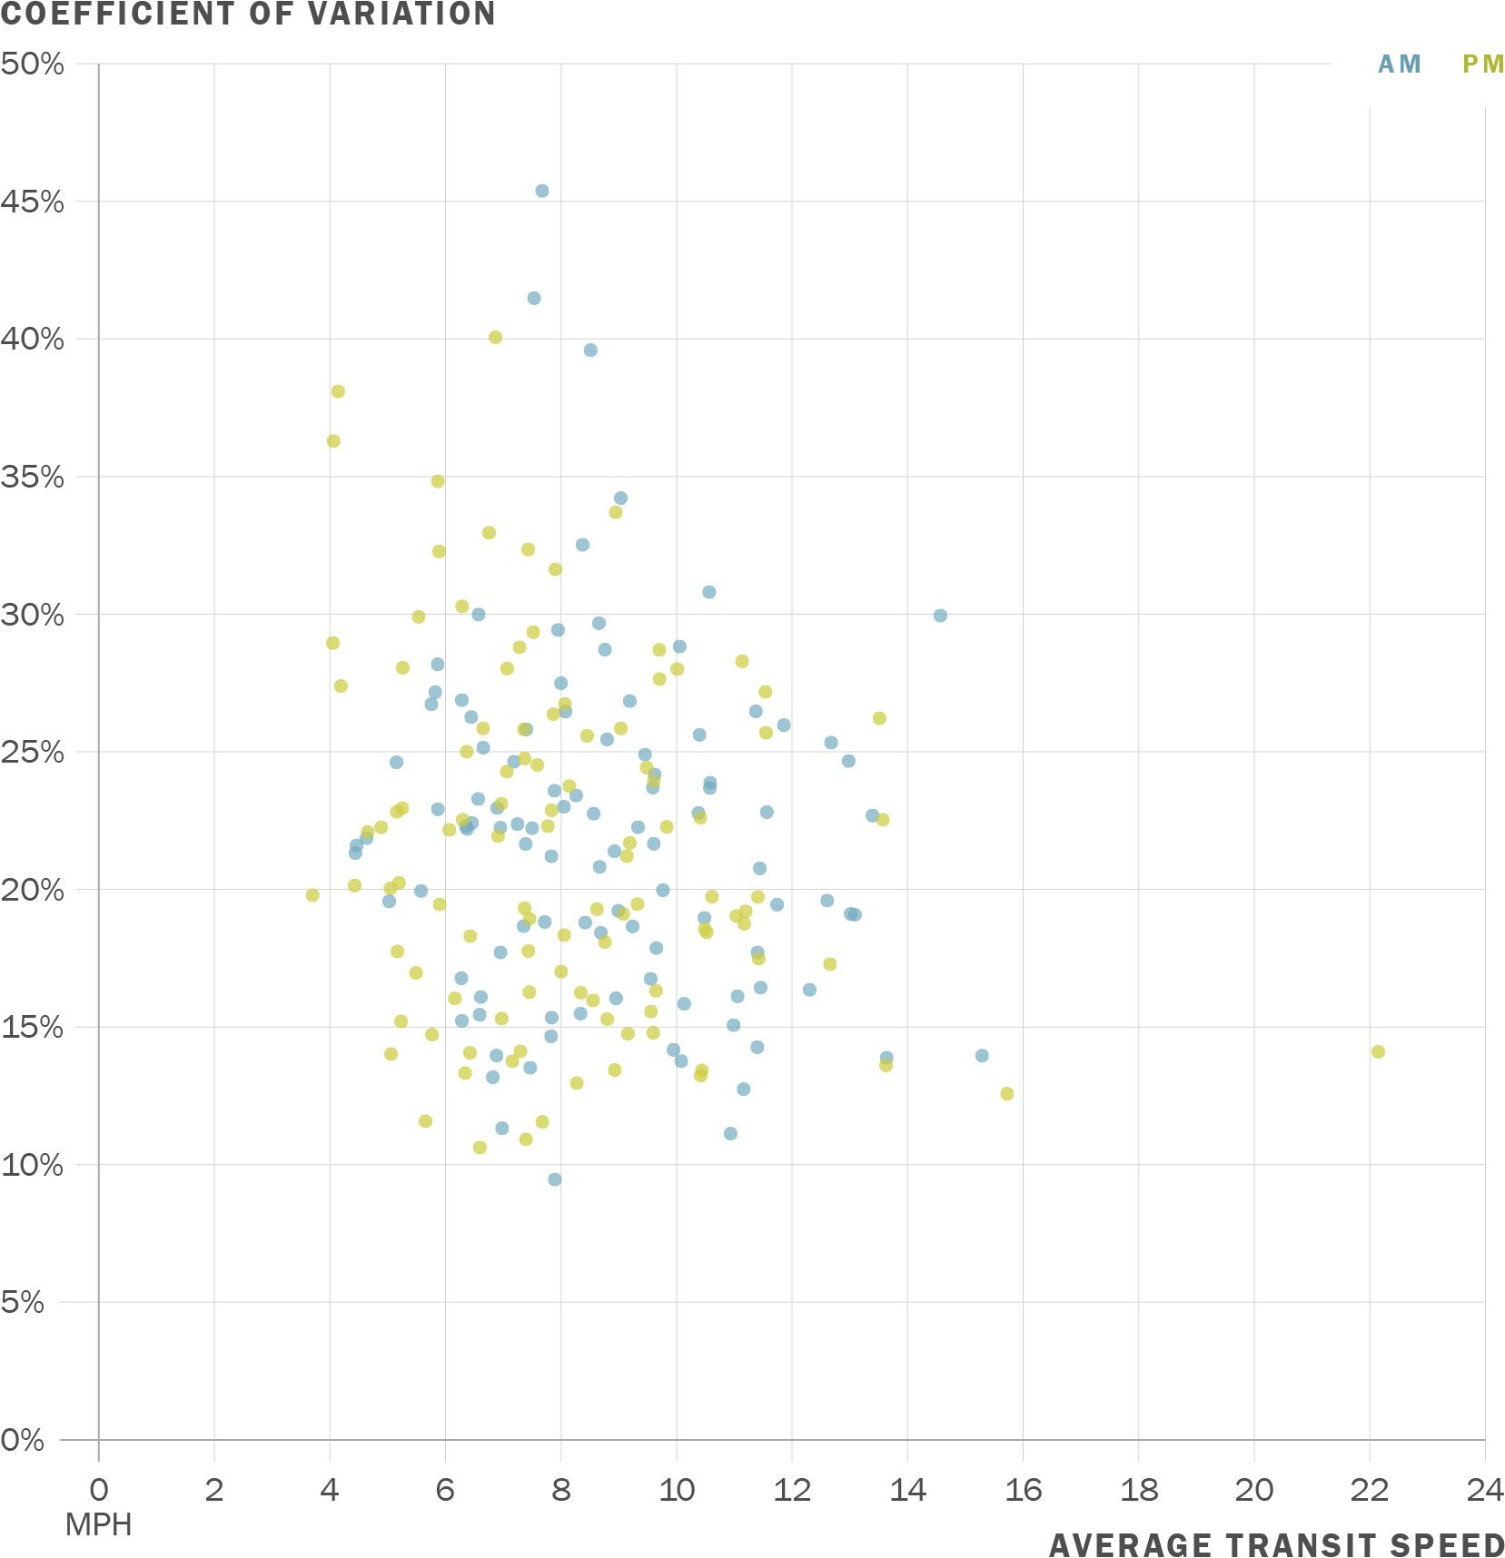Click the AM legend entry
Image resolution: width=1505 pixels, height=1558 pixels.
pos(1399,64)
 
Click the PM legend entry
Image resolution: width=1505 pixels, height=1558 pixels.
pos(1482,64)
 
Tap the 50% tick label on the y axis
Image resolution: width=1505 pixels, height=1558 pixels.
pos(33,64)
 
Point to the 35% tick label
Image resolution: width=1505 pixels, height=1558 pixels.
pos(33,478)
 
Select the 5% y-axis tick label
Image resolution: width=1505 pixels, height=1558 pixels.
pos(23,1303)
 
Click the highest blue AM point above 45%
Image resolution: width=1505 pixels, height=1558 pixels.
pos(542,191)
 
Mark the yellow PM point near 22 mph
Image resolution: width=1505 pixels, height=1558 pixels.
pos(1378,1051)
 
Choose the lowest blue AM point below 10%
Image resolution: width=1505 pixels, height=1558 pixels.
pos(555,1179)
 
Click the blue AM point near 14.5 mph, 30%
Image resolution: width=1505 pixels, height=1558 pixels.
pos(940,616)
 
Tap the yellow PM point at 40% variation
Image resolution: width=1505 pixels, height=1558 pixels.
pos(495,338)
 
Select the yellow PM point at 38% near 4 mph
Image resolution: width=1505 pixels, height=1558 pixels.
pos(338,391)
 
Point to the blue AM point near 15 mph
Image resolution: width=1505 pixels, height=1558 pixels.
pos(982,1056)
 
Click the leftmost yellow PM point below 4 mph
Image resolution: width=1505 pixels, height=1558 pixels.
pos(312,895)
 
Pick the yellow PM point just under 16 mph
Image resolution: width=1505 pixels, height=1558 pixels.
pos(1007,1094)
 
